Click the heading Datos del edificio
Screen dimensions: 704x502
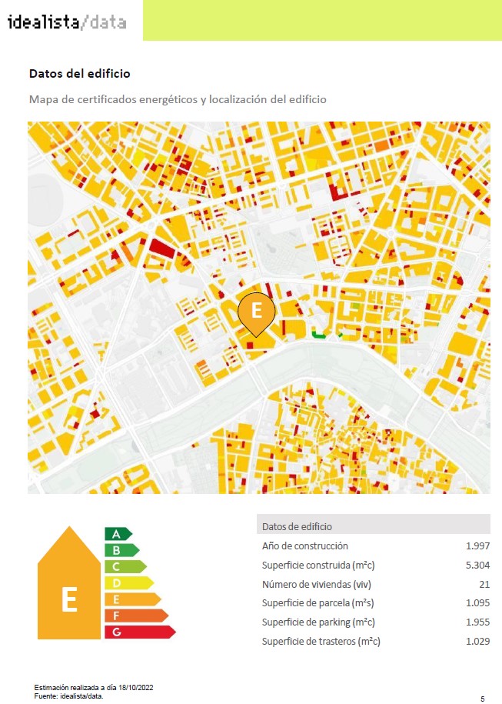(x=79, y=74)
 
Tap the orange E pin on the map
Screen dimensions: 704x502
(x=256, y=312)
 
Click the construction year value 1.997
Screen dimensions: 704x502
(x=477, y=546)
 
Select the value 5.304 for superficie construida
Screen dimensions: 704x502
(x=477, y=565)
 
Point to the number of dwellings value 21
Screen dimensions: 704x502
(x=484, y=584)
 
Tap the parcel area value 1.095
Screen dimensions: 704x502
(x=477, y=603)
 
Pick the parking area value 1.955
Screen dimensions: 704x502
(x=477, y=622)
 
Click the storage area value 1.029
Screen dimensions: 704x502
(x=477, y=642)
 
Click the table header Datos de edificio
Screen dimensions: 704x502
(x=297, y=526)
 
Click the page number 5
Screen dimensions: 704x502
(x=482, y=699)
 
